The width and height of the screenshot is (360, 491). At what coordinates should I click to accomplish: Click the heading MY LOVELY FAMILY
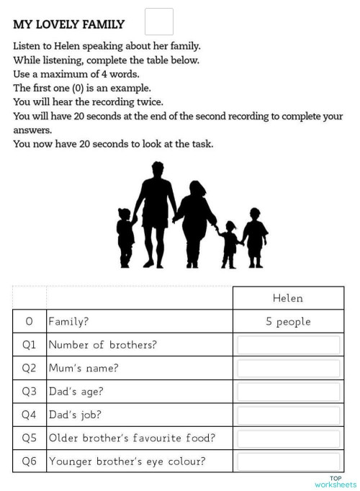[68, 24]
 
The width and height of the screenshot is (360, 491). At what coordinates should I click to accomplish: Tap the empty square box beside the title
[159, 22]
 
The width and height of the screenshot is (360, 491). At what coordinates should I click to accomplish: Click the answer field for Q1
[288, 345]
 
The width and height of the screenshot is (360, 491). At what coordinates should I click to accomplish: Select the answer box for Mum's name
[288, 369]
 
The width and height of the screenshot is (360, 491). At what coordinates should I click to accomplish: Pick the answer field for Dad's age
[288, 392]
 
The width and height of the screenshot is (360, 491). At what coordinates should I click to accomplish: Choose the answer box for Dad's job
[288, 415]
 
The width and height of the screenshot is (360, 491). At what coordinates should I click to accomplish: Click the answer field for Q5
[288, 438]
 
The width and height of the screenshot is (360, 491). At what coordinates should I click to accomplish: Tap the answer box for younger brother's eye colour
[288, 461]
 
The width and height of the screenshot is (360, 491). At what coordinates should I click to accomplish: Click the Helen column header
[288, 298]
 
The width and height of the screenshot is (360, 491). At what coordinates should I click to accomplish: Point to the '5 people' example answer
[288, 322]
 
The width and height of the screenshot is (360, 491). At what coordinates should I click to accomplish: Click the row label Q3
[29, 392]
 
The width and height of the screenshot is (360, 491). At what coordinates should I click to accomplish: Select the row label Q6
[29, 461]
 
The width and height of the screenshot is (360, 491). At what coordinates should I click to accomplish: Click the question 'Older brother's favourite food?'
[131, 438]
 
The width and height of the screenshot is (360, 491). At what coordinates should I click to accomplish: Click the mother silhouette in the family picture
[193, 220]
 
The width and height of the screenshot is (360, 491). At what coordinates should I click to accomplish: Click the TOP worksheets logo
[335, 482]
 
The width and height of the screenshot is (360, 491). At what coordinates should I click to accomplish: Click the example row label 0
[29, 322]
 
